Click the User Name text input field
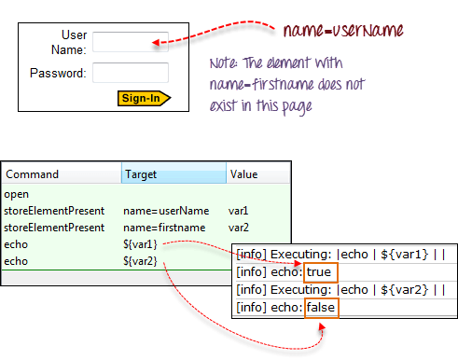point(130,42)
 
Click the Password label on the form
point(58,72)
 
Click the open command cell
point(18,195)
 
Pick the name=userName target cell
point(157,212)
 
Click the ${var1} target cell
point(141,243)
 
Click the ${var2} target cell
point(141,259)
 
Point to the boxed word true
point(321,272)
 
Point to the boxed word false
point(322,308)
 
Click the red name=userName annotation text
point(343,31)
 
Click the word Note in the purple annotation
point(224,64)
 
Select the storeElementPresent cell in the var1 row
point(54,212)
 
